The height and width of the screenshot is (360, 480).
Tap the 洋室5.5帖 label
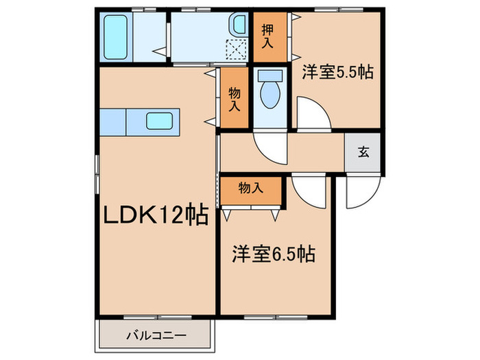(x=337, y=72)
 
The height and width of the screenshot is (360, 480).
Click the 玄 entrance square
(x=363, y=152)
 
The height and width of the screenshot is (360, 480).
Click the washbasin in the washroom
(x=238, y=26)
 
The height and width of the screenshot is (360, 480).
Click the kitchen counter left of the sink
(x=112, y=121)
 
